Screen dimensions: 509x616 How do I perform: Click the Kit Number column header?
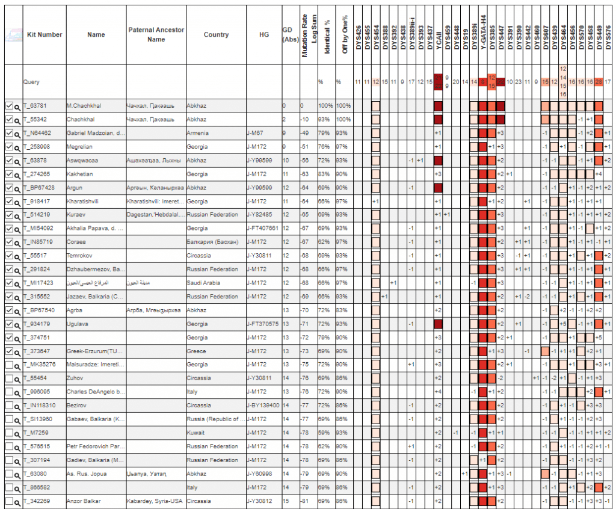tap(45, 34)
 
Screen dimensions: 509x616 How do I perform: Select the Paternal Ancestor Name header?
tap(156, 34)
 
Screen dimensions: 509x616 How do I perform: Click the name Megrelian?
tap(82, 147)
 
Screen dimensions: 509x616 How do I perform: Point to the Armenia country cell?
tap(197, 133)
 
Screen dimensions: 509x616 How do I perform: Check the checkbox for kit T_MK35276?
tap(8, 365)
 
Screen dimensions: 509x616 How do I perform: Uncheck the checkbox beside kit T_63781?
tap(8, 106)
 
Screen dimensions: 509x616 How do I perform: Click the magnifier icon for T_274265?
tap(17, 174)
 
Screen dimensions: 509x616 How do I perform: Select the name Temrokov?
tap(81, 256)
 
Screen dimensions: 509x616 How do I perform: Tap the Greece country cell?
tap(196, 351)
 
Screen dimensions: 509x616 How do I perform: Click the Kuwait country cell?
tap(196, 433)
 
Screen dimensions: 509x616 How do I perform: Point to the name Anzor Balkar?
tap(84, 501)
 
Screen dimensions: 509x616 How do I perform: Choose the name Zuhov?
tap(76, 378)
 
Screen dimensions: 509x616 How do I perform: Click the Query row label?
tap(31, 82)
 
